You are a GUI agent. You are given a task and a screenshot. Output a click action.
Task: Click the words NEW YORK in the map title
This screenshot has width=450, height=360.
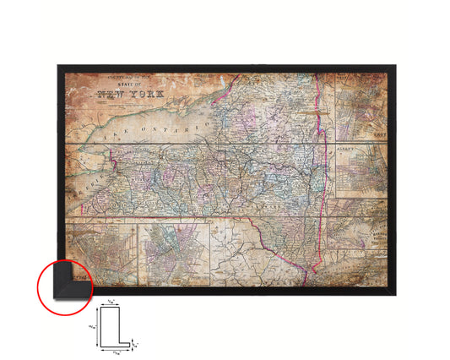click(126, 95)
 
